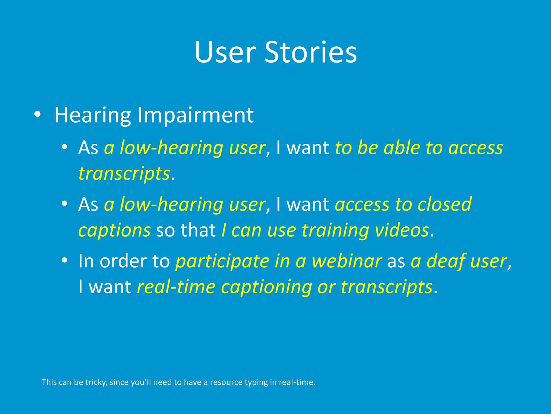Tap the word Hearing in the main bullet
point(93,115)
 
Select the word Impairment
point(195,115)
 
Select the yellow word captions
point(114,230)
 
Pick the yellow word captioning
point(266,287)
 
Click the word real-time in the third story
point(176,287)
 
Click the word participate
point(222,261)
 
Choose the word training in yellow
point(335,230)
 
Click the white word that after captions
point(198,230)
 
